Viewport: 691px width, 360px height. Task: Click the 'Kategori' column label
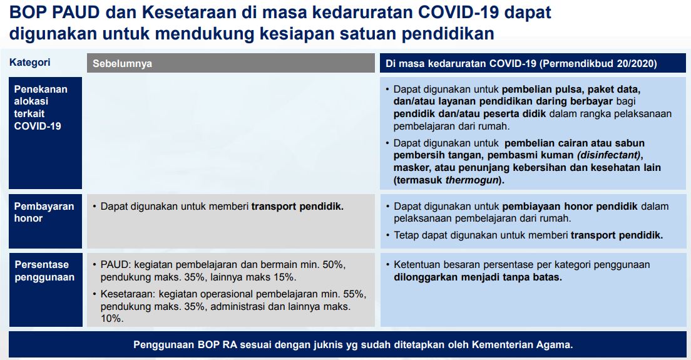pyautogui.click(x=29, y=63)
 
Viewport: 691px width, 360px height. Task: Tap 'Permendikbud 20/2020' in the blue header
pyautogui.click(x=598, y=63)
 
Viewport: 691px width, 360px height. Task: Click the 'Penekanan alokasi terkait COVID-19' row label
pyautogui.click(x=41, y=108)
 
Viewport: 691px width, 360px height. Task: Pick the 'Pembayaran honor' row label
pyautogui.click(x=44, y=212)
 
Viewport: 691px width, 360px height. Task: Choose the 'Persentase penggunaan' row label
pyautogui.click(x=44, y=270)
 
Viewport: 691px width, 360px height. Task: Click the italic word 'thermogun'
pyautogui.click(x=471, y=180)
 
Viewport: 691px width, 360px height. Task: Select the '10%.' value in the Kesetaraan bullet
pyautogui.click(x=112, y=318)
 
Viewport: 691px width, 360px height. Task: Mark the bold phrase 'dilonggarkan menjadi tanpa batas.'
pyautogui.click(x=478, y=277)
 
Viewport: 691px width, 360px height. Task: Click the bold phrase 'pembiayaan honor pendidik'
pyautogui.click(x=570, y=206)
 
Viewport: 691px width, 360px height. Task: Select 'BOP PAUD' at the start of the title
pyautogui.click(x=54, y=12)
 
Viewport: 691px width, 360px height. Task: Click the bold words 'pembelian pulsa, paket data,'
pyautogui.click(x=571, y=90)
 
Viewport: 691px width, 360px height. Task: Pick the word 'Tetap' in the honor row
pyautogui.click(x=406, y=235)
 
